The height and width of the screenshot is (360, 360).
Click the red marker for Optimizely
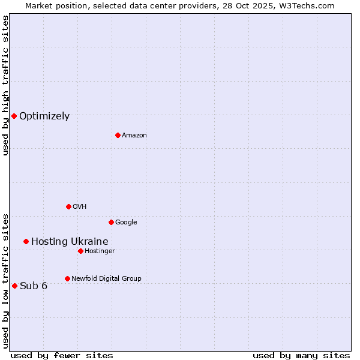pyautogui.click(x=14, y=116)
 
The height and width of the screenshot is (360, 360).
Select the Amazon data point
pyautogui.click(x=118, y=135)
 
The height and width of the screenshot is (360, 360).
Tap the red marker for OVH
pyautogui.click(x=68, y=206)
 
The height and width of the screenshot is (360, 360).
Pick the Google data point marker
pyautogui.click(x=111, y=222)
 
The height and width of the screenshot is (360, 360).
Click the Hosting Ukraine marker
pyautogui.click(x=26, y=241)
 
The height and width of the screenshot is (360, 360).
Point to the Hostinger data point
pyautogui.click(x=80, y=251)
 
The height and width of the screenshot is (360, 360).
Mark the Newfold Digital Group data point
pyautogui.click(x=67, y=278)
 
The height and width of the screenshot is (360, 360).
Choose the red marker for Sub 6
pyautogui.click(x=14, y=286)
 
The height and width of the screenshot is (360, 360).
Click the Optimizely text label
pyautogui.click(x=44, y=116)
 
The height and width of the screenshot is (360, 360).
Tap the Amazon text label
pyautogui.click(x=134, y=136)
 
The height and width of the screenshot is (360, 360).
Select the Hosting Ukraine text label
pyautogui.click(x=70, y=242)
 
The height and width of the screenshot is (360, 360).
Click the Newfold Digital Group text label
pyautogui.click(x=106, y=278)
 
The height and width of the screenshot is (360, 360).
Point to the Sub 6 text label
pyautogui.click(x=34, y=286)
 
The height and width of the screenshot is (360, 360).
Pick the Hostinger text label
pyautogui.click(x=100, y=251)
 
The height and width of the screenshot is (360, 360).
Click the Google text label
pyautogui.click(x=126, y=223)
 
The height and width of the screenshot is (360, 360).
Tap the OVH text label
pyautogui.click(x=80, y=207)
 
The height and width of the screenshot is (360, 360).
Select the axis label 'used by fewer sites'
pyautogui.click(x=62, y=355)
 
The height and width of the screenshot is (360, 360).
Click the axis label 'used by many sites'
pyautogui.click(x=301, y=355)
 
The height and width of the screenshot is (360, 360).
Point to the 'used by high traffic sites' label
pyautogui.click(x=5, y=85)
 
